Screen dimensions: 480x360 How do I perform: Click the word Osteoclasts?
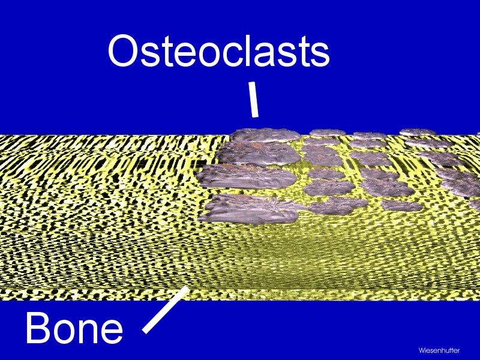[219, 51]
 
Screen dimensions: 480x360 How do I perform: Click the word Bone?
[74, 327]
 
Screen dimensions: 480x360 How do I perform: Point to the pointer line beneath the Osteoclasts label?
[254, 99]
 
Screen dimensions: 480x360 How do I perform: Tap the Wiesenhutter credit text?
[439, 350]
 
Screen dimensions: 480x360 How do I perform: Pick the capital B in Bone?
[39, 327]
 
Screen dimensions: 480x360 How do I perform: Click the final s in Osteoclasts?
[319, 55]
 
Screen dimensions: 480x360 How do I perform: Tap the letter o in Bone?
[65, 331]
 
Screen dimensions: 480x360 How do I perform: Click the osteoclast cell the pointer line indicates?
[265, 135]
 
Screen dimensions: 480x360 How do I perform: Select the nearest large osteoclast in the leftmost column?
[248, 209]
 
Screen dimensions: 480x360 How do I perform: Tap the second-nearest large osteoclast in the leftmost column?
[247, 176]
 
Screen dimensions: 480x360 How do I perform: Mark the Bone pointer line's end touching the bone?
[186, 288]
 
